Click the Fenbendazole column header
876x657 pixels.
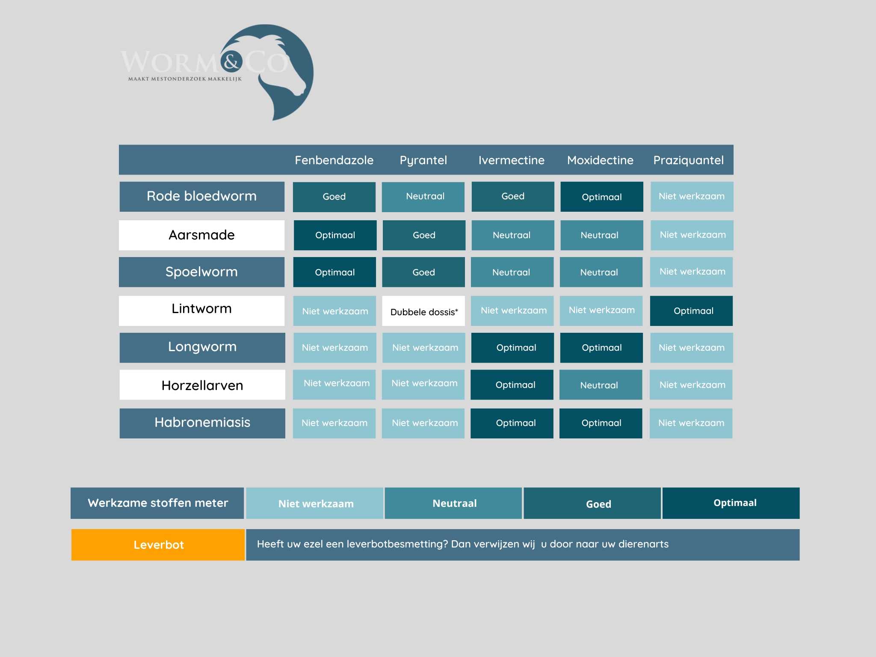(x=334, y=160)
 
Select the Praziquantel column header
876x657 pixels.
(x=688, y=160)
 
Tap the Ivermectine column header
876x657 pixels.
(x=511, y=160)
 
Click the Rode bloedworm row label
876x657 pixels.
(x=202, y=196)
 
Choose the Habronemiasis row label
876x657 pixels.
(x=202, y=423)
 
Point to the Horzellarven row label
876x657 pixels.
(x=202, y=385)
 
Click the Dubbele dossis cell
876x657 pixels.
(x=423, y=311)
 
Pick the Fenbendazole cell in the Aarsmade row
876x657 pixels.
(x=335, y=235)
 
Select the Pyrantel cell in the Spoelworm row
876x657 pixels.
(x=423, y=272)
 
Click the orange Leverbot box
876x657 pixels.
(x=158, y=545)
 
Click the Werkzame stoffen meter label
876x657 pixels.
(x=157, y=503)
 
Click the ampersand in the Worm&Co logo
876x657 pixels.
(x=231, y=62)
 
